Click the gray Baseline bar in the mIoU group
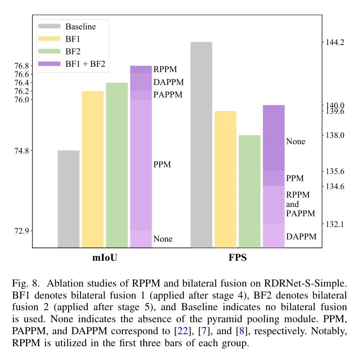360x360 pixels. (x=69, y=199)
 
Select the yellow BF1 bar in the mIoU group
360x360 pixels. (x=93, y=169)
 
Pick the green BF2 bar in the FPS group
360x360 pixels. (x=249, y=191)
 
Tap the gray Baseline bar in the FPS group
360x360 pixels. (x=201, y=145)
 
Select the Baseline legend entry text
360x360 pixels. (x=81, y=27)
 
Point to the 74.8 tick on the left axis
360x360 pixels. (x=21, y=151)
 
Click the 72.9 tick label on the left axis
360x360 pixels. (x=21, y=231)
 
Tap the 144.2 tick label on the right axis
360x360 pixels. (x=335, y=43)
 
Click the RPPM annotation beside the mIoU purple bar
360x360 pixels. (x=165, y=70)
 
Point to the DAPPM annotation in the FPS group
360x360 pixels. (x=301, y=237)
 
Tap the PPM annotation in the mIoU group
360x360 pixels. (x=162, y=165)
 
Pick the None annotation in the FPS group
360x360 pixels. (x=295, y=142)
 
